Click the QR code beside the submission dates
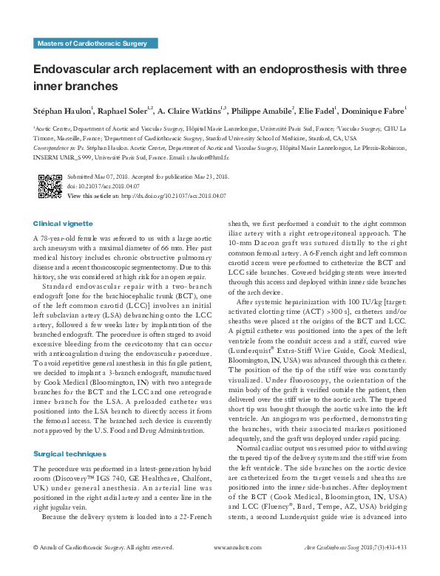50,185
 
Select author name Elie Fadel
318,112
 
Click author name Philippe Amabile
263,112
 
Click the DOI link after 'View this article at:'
173,195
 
